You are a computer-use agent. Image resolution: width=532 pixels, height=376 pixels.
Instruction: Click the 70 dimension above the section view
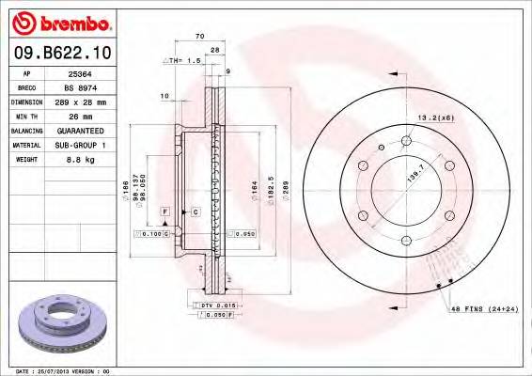(199, 36)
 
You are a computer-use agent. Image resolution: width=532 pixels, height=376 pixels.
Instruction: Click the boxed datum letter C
(195, 212)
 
